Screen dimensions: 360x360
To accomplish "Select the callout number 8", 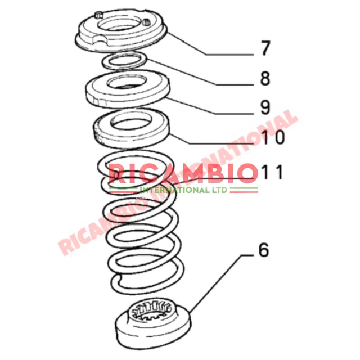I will tap(265, 78).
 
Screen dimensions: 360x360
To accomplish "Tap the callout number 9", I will tap(265, 107).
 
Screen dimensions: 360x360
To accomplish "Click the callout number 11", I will tap(272, 172).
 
